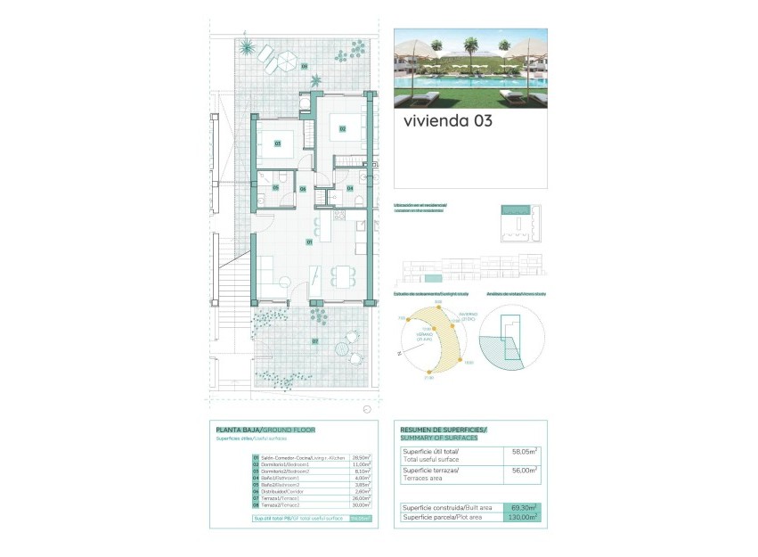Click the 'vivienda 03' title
[447, 121]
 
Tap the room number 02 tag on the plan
[342, 129]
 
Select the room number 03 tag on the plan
[277, 143]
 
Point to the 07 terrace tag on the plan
[314, 341]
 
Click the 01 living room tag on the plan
[309, 242]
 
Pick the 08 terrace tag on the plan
[304, 66]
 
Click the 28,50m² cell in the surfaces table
[361, 457]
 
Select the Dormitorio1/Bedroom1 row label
[285, 464]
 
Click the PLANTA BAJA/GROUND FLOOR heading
[265, 430]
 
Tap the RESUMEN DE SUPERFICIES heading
[444, 430]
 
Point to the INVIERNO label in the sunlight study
[469, 314]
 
